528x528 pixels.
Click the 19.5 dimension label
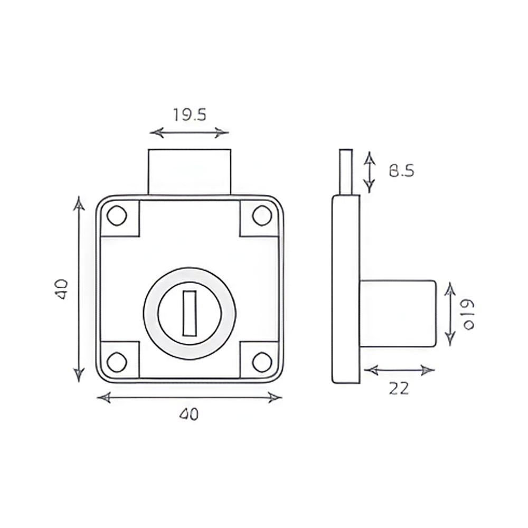pos(189,115)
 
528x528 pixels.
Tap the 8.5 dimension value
pos(401,171)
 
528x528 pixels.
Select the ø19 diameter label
pos(468,315)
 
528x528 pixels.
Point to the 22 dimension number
pos(399,388)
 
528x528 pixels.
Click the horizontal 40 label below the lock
pos(189,414)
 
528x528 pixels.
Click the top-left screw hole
pos(117,215)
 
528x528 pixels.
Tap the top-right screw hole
pos(262,215)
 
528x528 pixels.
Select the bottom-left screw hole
pos(117,362)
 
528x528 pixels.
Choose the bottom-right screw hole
pos(262,362)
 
